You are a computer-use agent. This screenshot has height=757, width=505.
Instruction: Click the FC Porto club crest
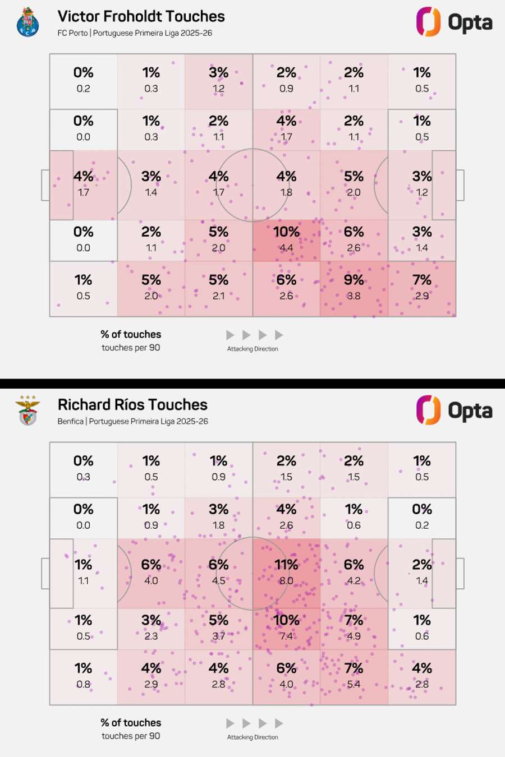pyautogui.click(x=27, y=22)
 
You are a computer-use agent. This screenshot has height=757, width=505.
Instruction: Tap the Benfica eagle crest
pyautogui.click(x=27, y=410)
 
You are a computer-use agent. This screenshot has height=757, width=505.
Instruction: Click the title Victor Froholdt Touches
pyautogui.click(x=141, y=16)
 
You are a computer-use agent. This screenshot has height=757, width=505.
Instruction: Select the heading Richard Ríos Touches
pyautogui.click(x=132, y=405)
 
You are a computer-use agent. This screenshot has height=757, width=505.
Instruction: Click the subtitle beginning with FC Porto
pyautogui.click(x=135, y=33)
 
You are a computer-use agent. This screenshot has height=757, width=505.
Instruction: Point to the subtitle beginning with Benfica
pyautogui.click(x=132, y=422)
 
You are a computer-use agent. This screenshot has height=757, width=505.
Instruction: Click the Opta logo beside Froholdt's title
pyautogui.click(x=454, y=22)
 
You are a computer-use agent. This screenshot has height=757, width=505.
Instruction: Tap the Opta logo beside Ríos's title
pyautogui.click(x=454, y=410)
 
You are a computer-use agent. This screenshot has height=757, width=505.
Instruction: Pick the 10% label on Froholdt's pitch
pyautogui.click(x=286, y=232)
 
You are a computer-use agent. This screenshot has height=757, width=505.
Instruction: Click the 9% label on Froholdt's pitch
pyautogui.click(x=353, y=280)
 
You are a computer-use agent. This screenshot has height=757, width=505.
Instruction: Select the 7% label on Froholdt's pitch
pyautogui.click(x=422, y=280)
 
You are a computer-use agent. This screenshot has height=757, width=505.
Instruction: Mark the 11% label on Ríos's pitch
pyautogui.click(x=286, y=564)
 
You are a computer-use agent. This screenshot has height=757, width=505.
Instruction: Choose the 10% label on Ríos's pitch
pyautogui.click(x=286, y=620)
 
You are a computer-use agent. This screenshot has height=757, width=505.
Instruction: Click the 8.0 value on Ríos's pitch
pyautogui.click(x=286, y=580)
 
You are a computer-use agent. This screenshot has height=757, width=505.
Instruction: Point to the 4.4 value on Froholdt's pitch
pyautogui.click(x=286, y=248)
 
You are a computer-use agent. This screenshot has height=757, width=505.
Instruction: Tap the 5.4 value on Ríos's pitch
pyautogui.click(x=353, y=684)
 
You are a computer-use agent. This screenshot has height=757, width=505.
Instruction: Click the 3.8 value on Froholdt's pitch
pyautogui.click(x=353, y=296)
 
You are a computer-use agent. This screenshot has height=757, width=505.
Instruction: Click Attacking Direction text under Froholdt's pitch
pyautogui.click(x=252, y=349)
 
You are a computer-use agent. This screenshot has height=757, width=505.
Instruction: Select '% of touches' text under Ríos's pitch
pyautogui.click(x=131, y=723)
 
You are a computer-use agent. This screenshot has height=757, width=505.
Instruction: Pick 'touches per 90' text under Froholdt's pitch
pyautogui.click(x=131, y=348)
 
